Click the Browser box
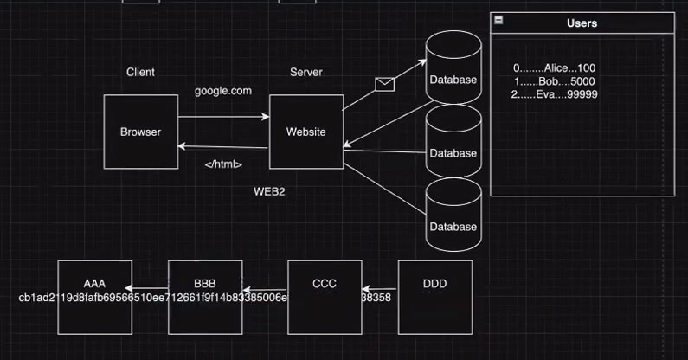tap(140, 132)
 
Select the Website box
tap(305, 132)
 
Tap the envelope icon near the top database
tap(384, 84)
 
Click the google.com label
tap(223, 91)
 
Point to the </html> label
tap(223, 164)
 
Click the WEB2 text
tap(269, 191)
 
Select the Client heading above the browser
tap(140, 73)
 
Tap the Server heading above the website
tap(305, 73)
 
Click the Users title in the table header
tap(582, 23)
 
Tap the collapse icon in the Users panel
tap(498, 20)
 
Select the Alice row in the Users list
tap(554, 68)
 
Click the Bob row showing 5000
tap(554, 81)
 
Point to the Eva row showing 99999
tap(554, 94)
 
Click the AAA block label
tap(94, 284)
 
